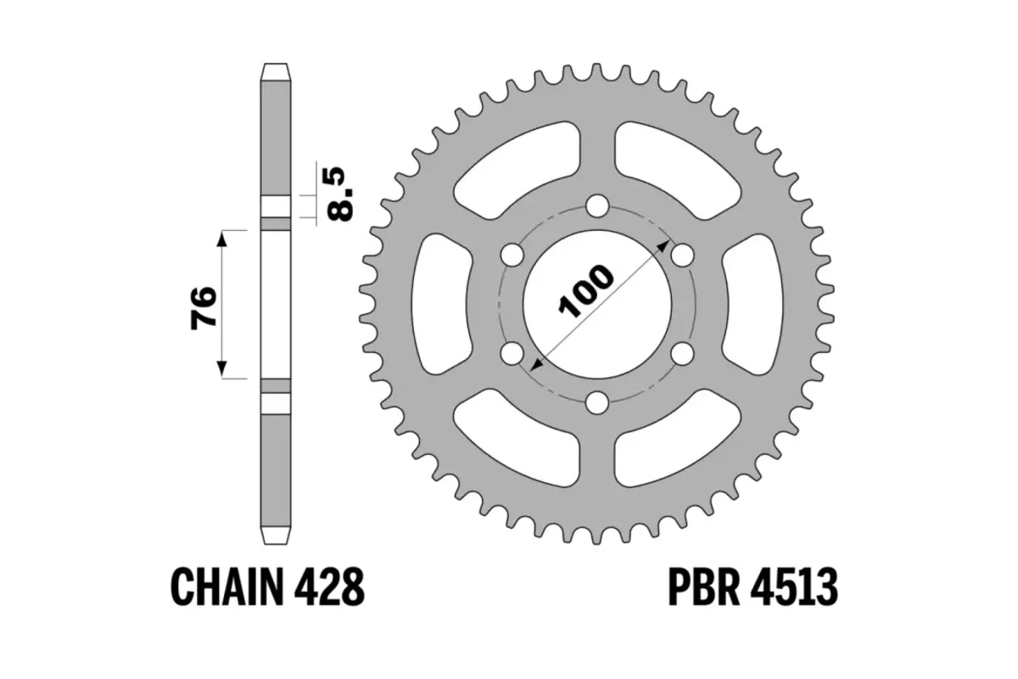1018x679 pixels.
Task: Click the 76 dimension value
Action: pos(204,306)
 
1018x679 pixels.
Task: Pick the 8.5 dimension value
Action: pos(339,193)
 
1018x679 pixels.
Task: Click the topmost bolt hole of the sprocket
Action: pos(598,205)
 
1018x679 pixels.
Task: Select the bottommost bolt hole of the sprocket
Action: pos(598,401)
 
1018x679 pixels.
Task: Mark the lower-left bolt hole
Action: pos(513,351)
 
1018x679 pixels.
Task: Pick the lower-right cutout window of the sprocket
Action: pos(679,441)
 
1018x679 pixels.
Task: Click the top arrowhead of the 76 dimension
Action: pos(222,238)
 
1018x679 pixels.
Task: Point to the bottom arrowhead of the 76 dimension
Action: pos(222,368)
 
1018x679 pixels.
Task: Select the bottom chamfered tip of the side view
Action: pos(276,538)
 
